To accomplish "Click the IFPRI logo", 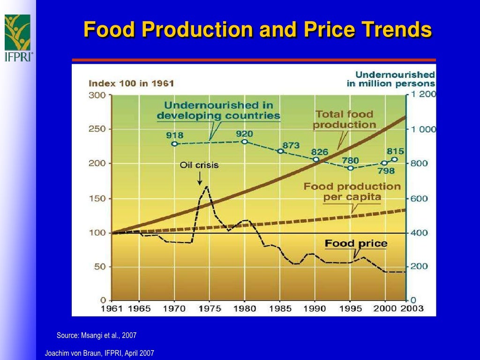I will coord(18,38).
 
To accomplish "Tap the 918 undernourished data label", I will coord(174,135).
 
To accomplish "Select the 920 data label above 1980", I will coord(245,134).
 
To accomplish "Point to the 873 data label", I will coord(291,145).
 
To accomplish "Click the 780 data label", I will coord(350,161).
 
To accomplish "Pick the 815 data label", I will coord(395,151).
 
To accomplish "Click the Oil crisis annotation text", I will coord(199,165).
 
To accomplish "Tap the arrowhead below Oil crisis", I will coord(200,182).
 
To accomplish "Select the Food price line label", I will coord(356,243).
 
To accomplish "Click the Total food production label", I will coord(344,120).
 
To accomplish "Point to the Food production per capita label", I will coord(352,192).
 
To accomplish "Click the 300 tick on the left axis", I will coord(98,95).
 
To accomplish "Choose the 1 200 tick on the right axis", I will coord(423,94).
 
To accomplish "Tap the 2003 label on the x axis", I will coord(412,308).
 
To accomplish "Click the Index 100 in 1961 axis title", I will coord(131,83).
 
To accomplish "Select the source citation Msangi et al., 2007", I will coord(97,335).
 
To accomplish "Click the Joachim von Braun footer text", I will coord(99,353).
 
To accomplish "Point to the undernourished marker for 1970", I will coord(174,144).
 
